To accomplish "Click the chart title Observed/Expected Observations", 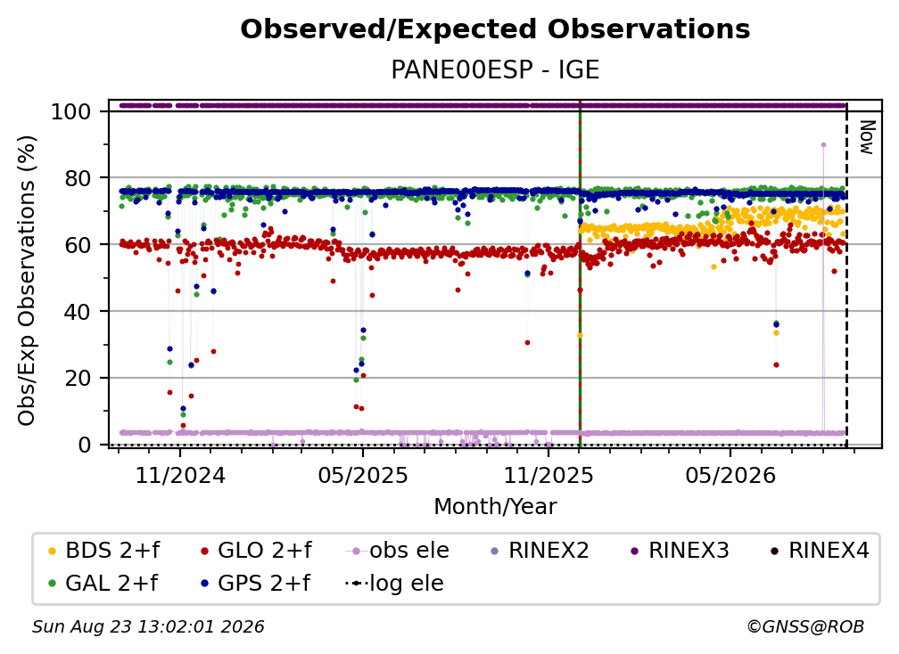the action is coord(495,29).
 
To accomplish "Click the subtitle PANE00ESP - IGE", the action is coord(495,69).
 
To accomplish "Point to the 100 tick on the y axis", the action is coord(71,111).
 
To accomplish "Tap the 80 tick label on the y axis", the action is coord(78,178).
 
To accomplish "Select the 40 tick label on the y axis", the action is coord(78,312).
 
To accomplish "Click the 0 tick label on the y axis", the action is coord(85,445).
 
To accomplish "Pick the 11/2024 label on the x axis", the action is coord(180,475).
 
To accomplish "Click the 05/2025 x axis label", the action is coord(362,475).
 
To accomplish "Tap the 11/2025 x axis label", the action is coord(548,475).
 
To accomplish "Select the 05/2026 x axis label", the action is coord(730,475).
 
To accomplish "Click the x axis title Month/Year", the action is coord(495,506).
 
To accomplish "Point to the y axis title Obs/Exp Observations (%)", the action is coord(27,280).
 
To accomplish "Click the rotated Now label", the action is coord(867,137).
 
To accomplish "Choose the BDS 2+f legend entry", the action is coord(103,551).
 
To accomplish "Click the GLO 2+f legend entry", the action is coord(255,551).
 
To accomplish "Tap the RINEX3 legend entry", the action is coord(680,551).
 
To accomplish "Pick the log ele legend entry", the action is coord(394,584).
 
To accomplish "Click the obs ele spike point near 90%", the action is coord(823,145).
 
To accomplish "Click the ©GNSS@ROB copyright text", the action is coord(805,627).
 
